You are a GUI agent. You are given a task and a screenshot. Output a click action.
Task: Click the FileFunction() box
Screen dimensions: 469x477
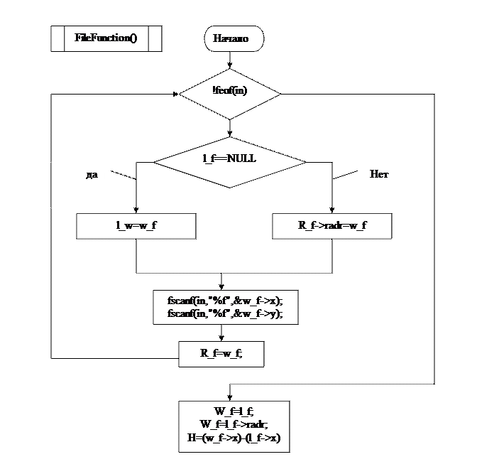(106, 38)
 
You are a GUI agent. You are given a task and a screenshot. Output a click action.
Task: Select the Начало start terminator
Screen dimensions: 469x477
(234, 38)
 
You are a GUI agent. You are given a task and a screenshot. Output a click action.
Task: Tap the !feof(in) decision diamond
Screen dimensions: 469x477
(230, 93)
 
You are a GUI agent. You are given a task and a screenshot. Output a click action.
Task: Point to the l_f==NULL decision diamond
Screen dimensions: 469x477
(230, 161)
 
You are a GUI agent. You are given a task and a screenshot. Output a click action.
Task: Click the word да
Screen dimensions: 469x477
(92, 174)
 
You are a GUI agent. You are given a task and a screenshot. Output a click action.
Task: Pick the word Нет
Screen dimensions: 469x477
(379, 174)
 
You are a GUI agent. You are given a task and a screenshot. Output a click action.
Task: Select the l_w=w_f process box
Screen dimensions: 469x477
(136, 226)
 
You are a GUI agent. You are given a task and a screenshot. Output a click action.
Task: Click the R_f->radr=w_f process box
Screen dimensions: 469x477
(331, 226)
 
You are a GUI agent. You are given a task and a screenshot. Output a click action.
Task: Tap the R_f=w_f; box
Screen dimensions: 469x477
(221, 353)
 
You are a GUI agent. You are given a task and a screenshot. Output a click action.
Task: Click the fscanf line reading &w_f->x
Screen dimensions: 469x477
(225, 301)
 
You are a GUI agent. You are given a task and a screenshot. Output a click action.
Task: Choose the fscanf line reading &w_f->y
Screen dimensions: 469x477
(225, 313)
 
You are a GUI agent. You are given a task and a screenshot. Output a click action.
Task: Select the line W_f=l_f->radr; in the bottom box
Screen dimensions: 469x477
(234, 424)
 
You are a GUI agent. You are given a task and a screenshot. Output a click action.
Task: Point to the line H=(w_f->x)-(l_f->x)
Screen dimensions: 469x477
(234, 438)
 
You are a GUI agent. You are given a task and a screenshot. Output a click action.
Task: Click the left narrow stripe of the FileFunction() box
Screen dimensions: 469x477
(57, 38)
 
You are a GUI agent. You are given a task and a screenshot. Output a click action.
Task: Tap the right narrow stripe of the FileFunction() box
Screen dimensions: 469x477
(155, 38)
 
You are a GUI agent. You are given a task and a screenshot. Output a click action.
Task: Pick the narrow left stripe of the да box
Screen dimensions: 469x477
(44, 185)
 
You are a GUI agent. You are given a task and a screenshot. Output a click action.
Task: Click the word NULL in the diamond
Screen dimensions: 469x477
(243, 158)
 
